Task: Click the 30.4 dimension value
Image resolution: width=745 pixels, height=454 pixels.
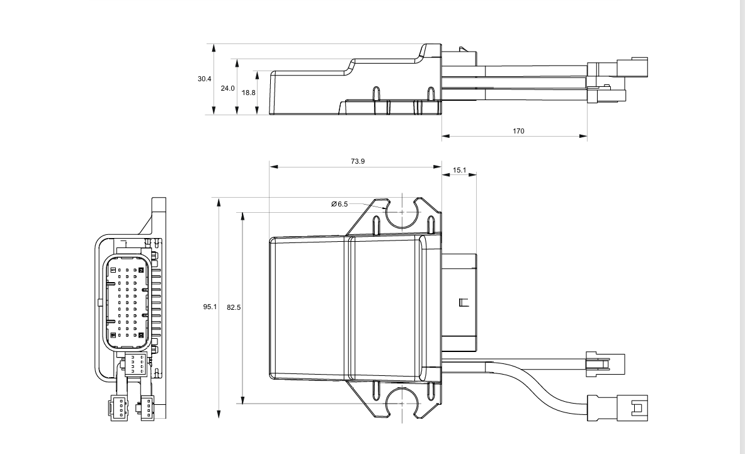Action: point(204,79)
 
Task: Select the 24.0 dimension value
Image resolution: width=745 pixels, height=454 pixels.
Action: point(227,88)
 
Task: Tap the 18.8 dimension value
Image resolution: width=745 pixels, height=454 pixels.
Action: point(249,93)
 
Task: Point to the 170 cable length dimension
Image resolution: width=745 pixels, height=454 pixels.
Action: point(518,131)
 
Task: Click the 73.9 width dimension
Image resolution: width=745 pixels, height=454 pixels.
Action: point(357,162)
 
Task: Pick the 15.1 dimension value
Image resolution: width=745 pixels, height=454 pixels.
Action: point(459,170)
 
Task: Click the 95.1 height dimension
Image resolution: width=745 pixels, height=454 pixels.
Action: point(210,307)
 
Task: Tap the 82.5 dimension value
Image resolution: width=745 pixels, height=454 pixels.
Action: point(234,307)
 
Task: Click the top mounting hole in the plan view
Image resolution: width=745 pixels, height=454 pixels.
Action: point(403,212)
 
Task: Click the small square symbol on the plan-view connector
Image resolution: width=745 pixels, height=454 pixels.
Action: point(464,302)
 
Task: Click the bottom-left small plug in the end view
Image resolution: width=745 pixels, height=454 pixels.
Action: point(118,408)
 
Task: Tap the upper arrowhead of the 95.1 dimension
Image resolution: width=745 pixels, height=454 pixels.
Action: point(219,203)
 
